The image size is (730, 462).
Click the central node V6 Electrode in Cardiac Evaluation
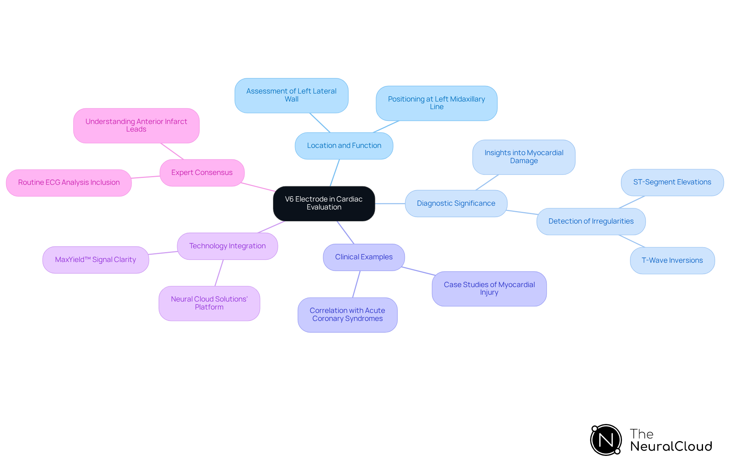point(324,203)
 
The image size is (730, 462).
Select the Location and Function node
point(344,146)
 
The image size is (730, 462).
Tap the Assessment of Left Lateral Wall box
point(291,95)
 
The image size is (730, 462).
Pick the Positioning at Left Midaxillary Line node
point(436,103)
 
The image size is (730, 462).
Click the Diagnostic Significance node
point(456,203)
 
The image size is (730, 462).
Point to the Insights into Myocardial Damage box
point(524,157)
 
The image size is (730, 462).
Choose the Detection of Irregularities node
point(591,221)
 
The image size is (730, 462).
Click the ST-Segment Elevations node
point(672,183)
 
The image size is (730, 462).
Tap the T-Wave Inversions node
point(672,260)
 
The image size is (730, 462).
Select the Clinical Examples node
point(363,257)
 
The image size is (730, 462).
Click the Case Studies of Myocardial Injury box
point(489,289)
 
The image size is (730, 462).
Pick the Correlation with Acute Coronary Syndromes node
point(347,315)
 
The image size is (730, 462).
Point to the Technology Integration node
point(227,246)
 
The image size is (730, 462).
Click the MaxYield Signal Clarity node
point(95,260)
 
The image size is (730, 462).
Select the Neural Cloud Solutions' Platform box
point(209,303)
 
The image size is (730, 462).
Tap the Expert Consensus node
point(202,173)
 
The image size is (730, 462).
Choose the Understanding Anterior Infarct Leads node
point(136,125)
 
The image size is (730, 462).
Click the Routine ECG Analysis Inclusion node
point(69,183)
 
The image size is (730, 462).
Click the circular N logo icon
point(606,440)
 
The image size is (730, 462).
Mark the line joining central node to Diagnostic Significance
point(390,203)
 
